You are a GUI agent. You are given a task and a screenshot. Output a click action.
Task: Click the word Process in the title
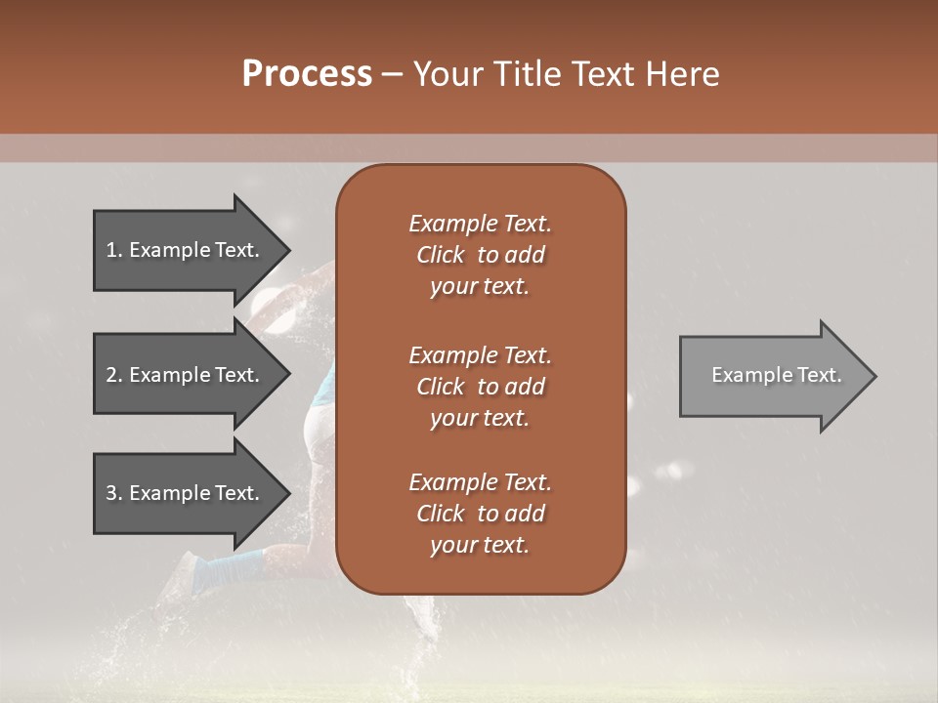[x=307, y=74]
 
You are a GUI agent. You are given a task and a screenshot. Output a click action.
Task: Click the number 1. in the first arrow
[x=114, y=250]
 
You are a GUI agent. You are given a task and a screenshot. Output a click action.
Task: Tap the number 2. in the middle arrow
[x=114, y=375]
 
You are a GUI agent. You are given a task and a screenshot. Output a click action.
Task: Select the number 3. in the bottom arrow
[x=114, y=493]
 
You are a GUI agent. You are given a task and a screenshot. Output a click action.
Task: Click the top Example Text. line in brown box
[x=480, y=224]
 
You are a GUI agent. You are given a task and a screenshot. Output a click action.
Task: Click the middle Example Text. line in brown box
[x=480, y=354]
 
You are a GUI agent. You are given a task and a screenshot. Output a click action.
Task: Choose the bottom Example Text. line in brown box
[x=480, y=482]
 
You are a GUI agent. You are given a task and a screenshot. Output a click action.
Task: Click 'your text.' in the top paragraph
[x=480, y=287]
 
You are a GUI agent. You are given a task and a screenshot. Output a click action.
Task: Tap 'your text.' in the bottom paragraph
[x=480, y=546]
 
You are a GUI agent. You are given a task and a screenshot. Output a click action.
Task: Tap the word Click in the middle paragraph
[x=440, y=387]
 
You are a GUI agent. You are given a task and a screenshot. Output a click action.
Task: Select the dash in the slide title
[x=393, y=75]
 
